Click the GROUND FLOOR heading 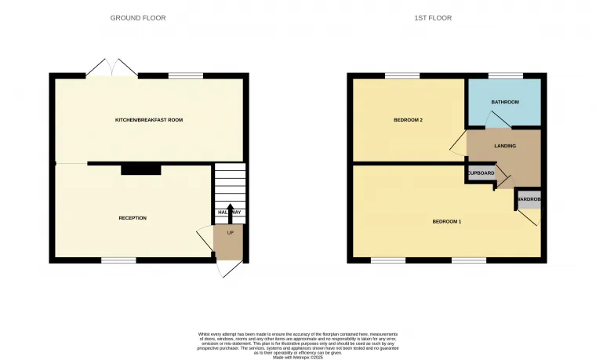click(138, 18)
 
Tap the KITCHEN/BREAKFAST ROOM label click(149, 119)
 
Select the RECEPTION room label click(133, 217)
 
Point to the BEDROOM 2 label click(409, 120)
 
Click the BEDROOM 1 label click(447, 221)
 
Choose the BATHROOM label click(505, 102)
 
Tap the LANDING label click(504, 146)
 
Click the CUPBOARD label click(481, 173)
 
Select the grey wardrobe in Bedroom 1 click(529, 199)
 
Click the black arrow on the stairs click(230, 210)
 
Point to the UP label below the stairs click(230, 233)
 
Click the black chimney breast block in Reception click(140, 169)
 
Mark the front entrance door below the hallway click(228, 267)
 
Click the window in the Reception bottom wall click(118, 260)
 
